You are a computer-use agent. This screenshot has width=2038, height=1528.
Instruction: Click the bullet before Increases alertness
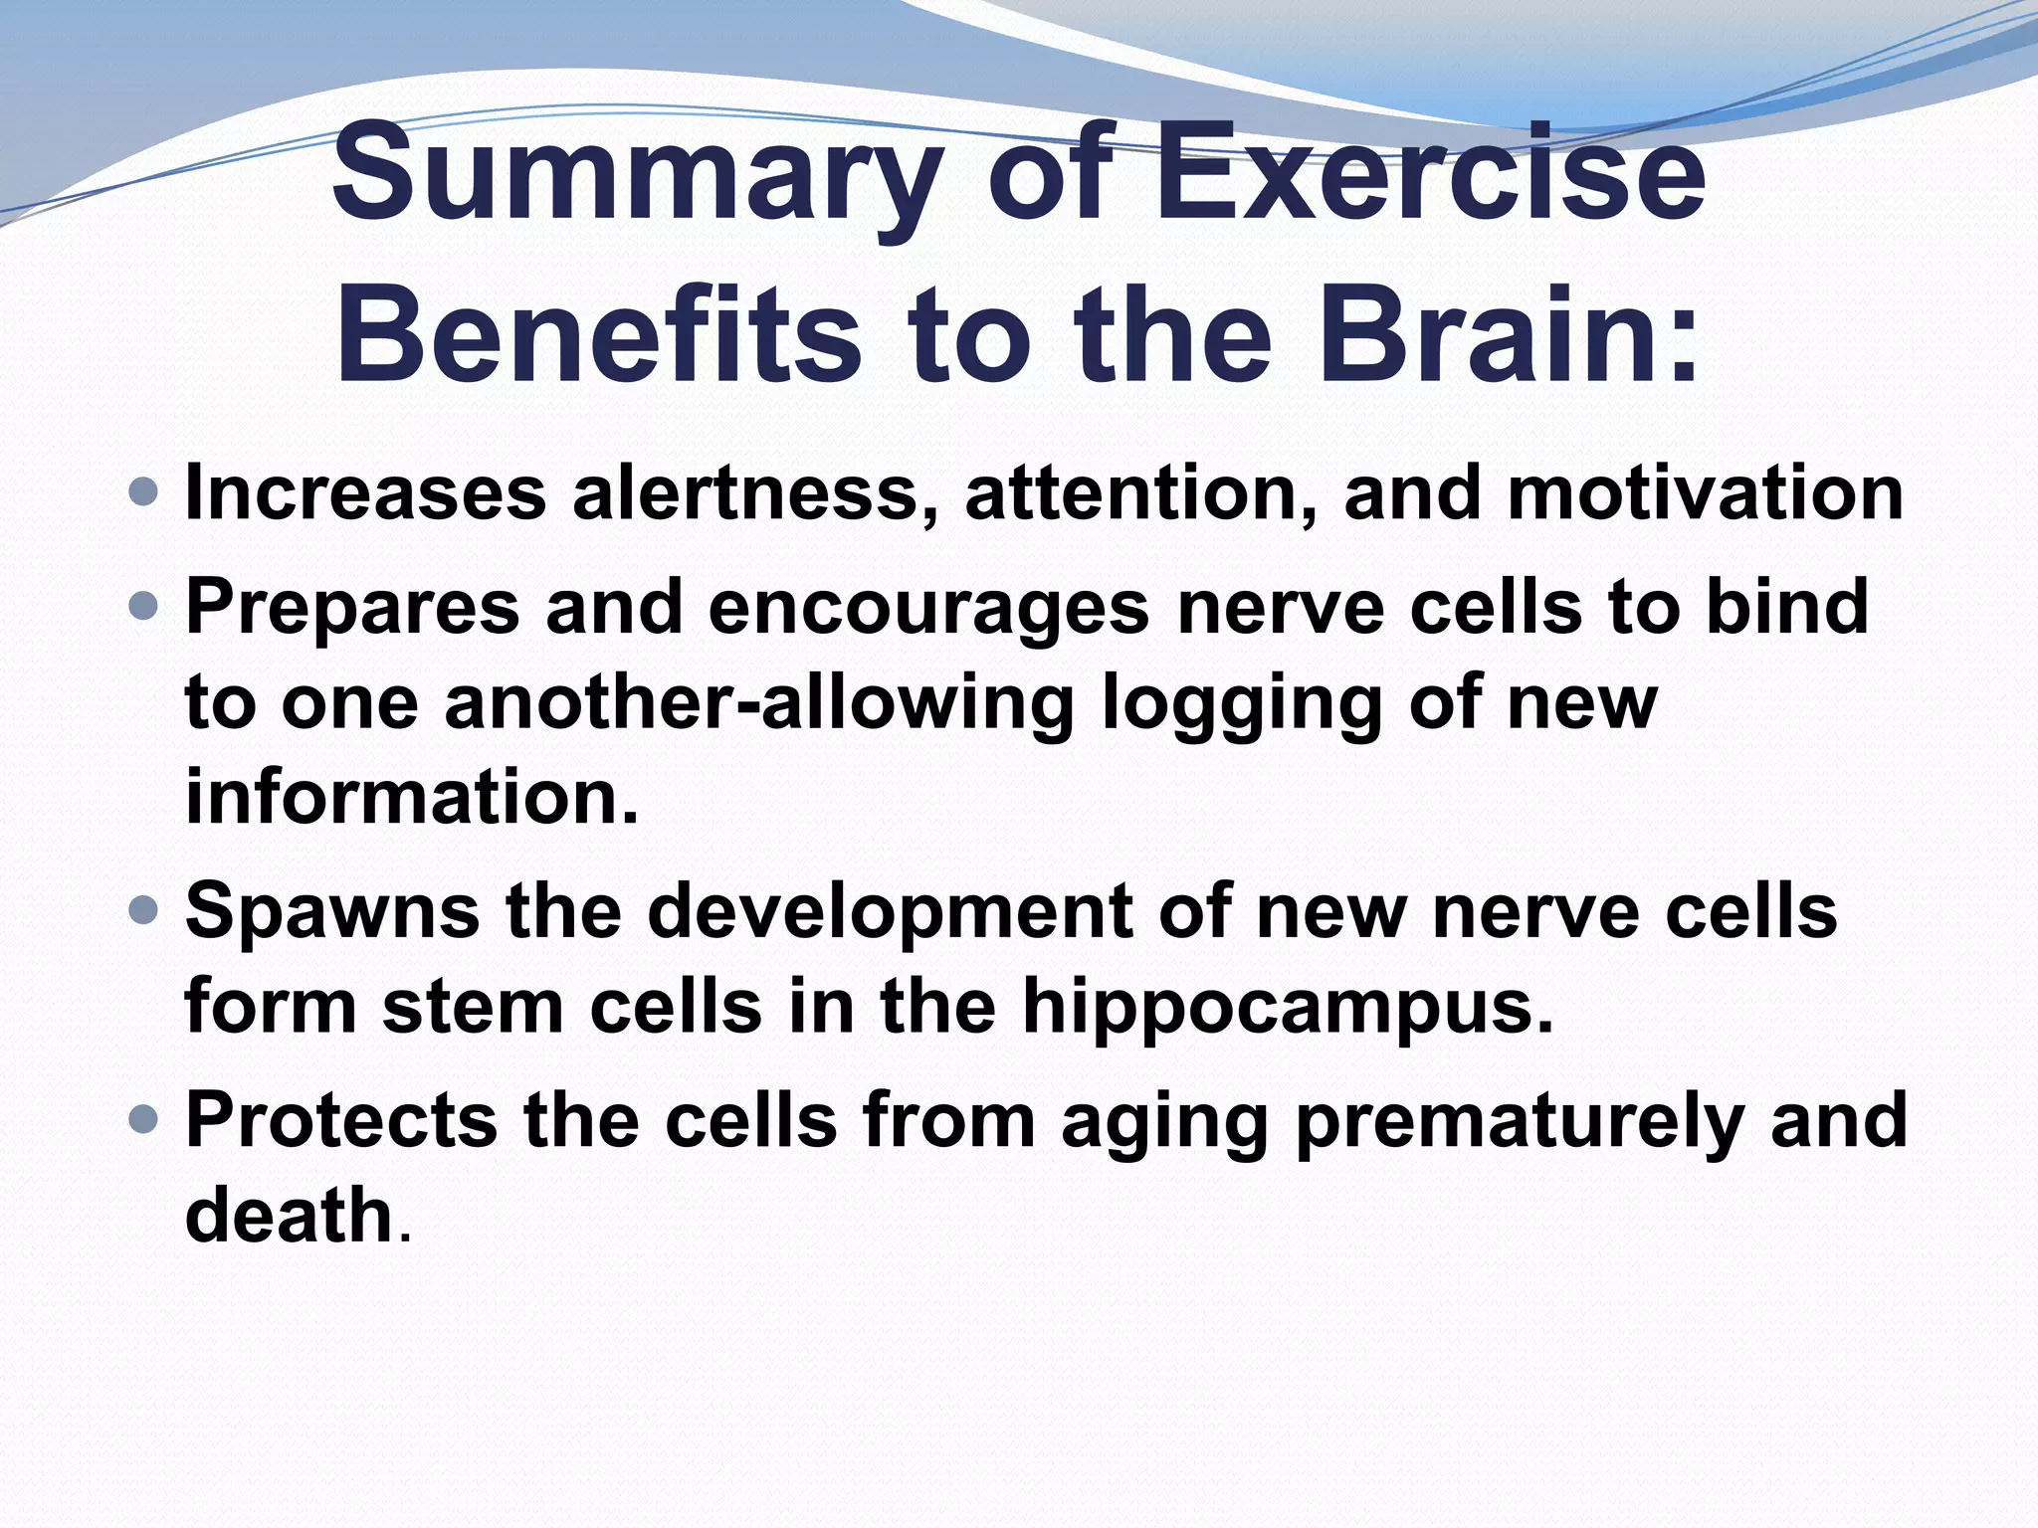143,491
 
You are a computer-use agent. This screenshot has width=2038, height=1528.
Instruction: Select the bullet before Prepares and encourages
143,605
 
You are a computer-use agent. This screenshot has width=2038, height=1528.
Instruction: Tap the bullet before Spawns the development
143,909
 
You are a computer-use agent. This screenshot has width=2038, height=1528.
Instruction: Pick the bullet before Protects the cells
143,1120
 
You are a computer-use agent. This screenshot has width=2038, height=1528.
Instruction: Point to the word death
290,1215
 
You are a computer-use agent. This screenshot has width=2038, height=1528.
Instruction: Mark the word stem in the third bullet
474,1007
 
